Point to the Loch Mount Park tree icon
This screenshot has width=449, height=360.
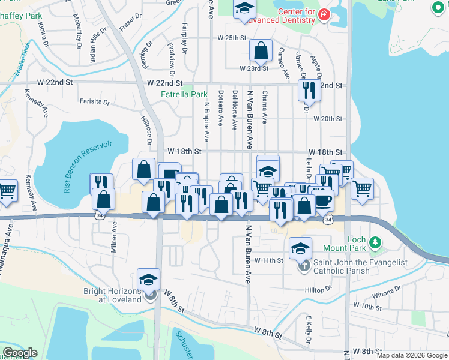coord(375,242)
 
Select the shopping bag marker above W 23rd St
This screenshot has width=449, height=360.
coord(261,51)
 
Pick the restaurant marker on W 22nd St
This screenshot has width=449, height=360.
coord(307,89)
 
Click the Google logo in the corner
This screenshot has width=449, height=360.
coord(19,353)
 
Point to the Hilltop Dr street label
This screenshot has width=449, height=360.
coord(319,290)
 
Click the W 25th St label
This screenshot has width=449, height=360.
coord(232,38)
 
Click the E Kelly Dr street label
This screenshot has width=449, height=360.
coord(307,327)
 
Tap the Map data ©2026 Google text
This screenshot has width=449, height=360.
coord(411,355)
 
